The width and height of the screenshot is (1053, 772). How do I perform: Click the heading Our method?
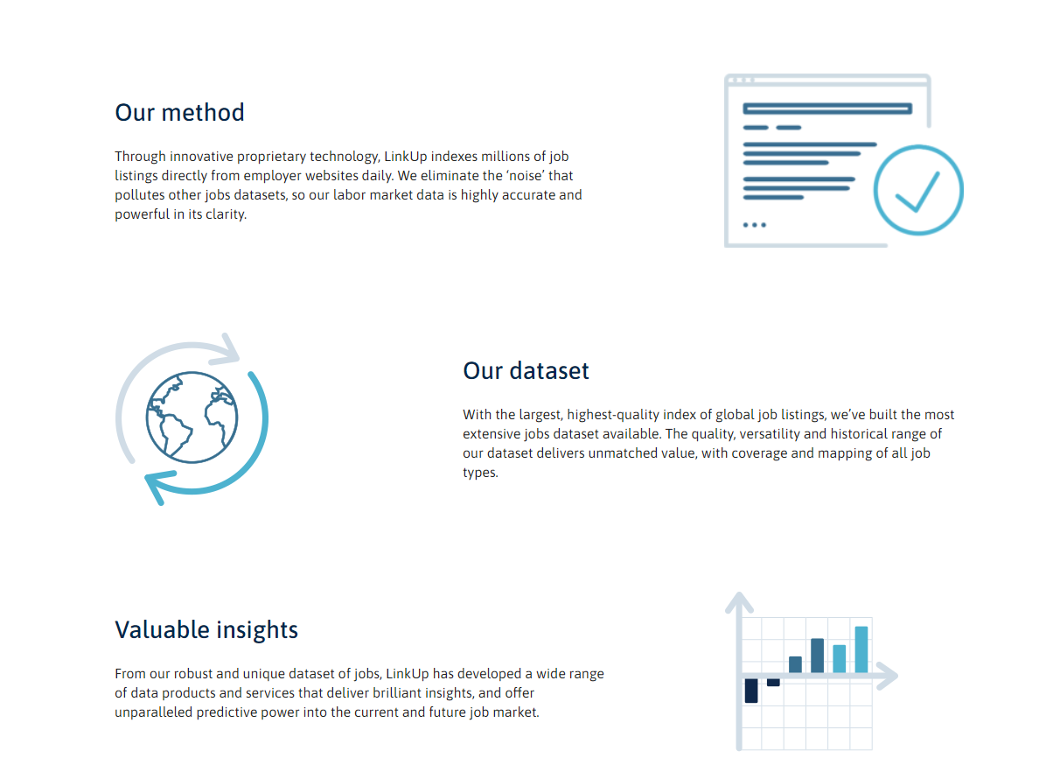[179, 113]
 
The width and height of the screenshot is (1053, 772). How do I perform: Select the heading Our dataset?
[526, 371]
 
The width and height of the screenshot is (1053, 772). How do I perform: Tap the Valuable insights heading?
[206, 629]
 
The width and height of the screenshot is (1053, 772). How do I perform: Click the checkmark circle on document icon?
[917, 190]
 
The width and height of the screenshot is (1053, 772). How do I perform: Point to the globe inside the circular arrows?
[192, 417]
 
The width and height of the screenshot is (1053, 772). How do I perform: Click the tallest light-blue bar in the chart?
[861, 649]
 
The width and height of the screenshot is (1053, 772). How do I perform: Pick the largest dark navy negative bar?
[750, 690]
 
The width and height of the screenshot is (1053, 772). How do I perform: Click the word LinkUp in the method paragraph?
[406, 156]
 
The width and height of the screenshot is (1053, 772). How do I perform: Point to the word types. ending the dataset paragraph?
[479, 473]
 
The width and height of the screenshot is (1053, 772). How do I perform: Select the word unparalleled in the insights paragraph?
[150, 712]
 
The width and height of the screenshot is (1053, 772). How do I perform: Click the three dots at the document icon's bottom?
[754, 225]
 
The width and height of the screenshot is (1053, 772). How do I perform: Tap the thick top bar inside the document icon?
[826, 109]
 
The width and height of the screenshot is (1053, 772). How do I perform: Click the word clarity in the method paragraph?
[224, 214]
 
